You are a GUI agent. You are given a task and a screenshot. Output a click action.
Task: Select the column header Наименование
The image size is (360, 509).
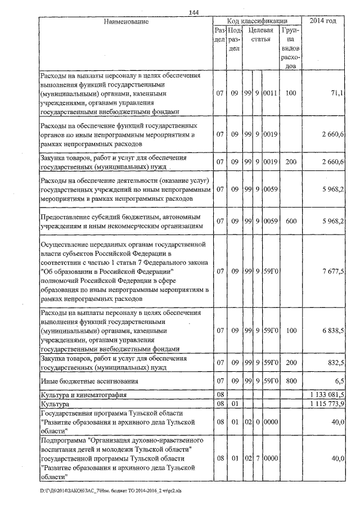pyautogui.click(x=126, y=22)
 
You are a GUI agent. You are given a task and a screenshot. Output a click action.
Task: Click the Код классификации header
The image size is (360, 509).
pyautogui.click(x=258, y=21)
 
